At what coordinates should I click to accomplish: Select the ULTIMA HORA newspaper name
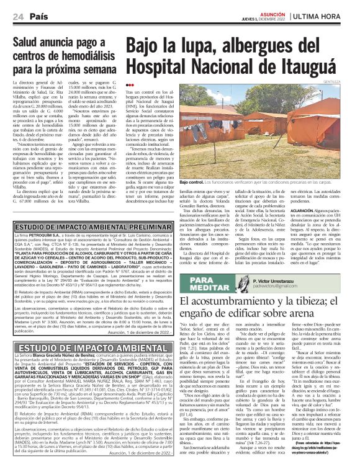click(x=327, y=15)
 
